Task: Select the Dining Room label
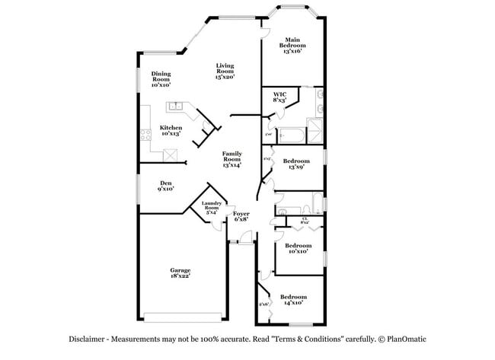pos(161,77)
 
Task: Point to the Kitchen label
pos(171,130)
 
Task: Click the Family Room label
pos(232,159)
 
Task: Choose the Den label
pos(166,185)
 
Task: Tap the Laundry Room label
pos(211,207)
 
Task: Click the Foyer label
pos(241,217)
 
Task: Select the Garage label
pos(180,272)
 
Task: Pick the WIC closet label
pos(279,97)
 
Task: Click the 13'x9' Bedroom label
pos(296,164)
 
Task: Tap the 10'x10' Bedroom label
pos(298,248)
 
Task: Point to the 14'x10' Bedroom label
pos(293,300)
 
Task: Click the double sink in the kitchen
pos(176,107)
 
